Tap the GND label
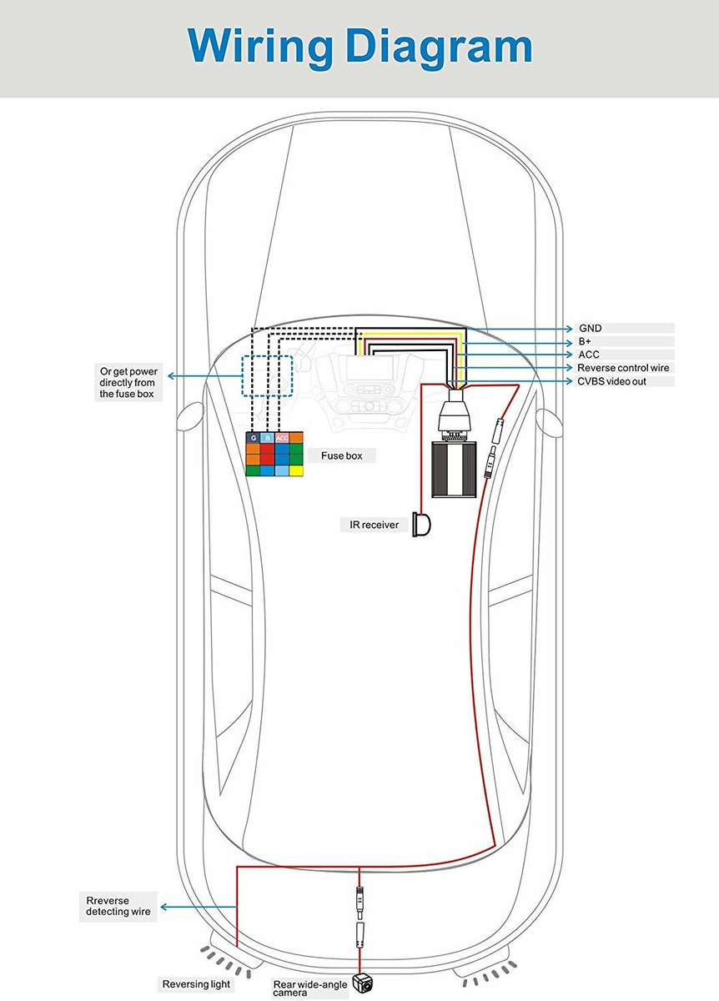tap(590, 329)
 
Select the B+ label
tap(585, 342)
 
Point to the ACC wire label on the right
tap(589, 355)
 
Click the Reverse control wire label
tap(623, 368)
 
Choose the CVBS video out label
tap(611, 381)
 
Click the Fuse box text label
tap(342, 455)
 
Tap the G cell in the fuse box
tap(253, 437)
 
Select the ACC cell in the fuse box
tap(282, 437)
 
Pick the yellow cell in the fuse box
tap(296, 470)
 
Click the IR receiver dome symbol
tap(421, 524)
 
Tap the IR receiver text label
tap(374, 525)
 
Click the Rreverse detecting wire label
tap(118, 906)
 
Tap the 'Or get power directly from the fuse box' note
tap(128, 383)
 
